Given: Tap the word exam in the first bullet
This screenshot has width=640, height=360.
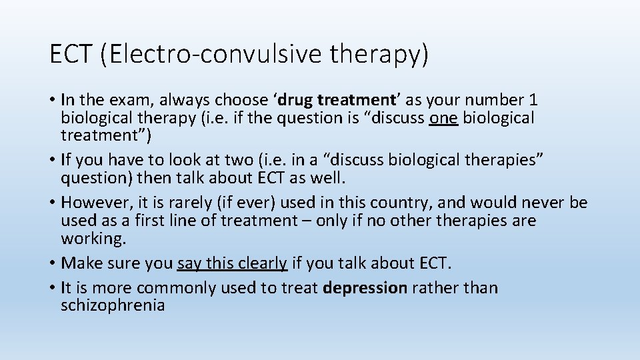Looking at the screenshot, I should (125, 100).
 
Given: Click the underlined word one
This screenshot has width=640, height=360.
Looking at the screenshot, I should (444, 118).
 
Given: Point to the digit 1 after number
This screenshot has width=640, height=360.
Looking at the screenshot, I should (533, 100).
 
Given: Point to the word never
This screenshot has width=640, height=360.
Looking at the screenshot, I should (542, 203).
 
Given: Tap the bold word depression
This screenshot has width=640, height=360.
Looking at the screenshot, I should (365, 288).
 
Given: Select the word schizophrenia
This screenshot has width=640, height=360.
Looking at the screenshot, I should (113, 306).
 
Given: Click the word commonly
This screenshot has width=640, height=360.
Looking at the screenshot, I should (174, 288).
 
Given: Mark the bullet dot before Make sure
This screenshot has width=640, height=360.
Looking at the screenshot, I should (53, 263).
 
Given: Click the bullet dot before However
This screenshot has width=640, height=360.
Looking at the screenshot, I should (53, 203).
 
